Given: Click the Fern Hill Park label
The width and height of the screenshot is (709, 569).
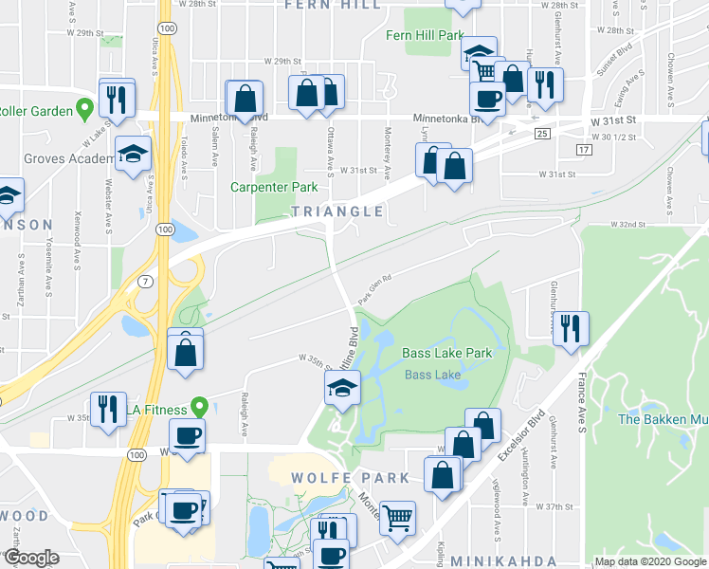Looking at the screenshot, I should [424, 35].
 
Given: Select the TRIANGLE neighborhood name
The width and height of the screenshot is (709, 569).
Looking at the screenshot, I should [337, 211].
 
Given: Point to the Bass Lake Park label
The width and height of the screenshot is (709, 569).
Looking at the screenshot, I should [446, 353].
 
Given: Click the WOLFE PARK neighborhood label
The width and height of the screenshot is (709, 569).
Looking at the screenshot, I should [350, 478].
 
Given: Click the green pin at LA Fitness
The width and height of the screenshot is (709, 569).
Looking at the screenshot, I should [199, 407].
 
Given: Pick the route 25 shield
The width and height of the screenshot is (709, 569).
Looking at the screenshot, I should [542, 134].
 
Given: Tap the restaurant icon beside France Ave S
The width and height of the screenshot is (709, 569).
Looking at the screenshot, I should [571, 327].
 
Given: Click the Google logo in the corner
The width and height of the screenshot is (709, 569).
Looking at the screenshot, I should [31, 559].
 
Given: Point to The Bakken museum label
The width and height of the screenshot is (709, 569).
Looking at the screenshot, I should [661, 418].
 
